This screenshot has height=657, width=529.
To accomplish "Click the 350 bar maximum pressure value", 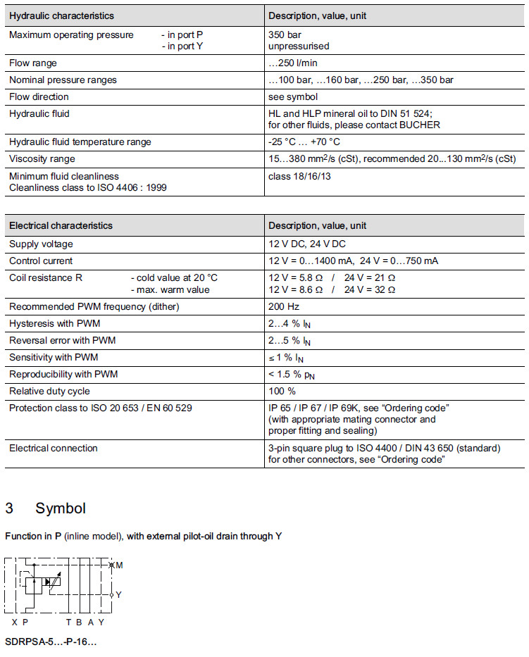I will click(284, 35).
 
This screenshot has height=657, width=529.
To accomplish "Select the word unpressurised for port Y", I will click(299, 46).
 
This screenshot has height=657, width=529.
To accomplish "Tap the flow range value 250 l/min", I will click(292, 63).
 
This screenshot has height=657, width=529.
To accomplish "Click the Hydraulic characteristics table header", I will click(61, 15).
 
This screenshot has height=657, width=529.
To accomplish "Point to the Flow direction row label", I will click(39, 96).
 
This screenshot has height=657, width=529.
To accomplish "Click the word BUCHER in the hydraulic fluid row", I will click(421, 125).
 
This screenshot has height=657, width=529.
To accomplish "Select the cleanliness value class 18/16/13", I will click(299, 176).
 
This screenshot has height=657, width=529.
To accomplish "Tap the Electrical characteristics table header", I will click(61, 226).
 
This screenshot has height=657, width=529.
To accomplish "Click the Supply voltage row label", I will click(41, 244).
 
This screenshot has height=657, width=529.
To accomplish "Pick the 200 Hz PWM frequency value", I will click(283, 306).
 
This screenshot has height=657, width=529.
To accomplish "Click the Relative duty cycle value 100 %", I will click(282, 391).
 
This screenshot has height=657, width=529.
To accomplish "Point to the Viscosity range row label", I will click(42, 158).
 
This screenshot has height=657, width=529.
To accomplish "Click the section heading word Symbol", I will click(61, 508).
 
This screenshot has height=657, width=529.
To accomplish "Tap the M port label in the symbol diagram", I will click(119, 565).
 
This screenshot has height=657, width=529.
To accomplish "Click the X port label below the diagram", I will click(14, 622).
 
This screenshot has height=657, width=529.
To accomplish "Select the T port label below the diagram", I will click(68, 622).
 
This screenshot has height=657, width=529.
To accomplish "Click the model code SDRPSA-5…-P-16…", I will click(51, 642).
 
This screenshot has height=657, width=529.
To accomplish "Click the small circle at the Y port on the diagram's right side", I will click(111, 595).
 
